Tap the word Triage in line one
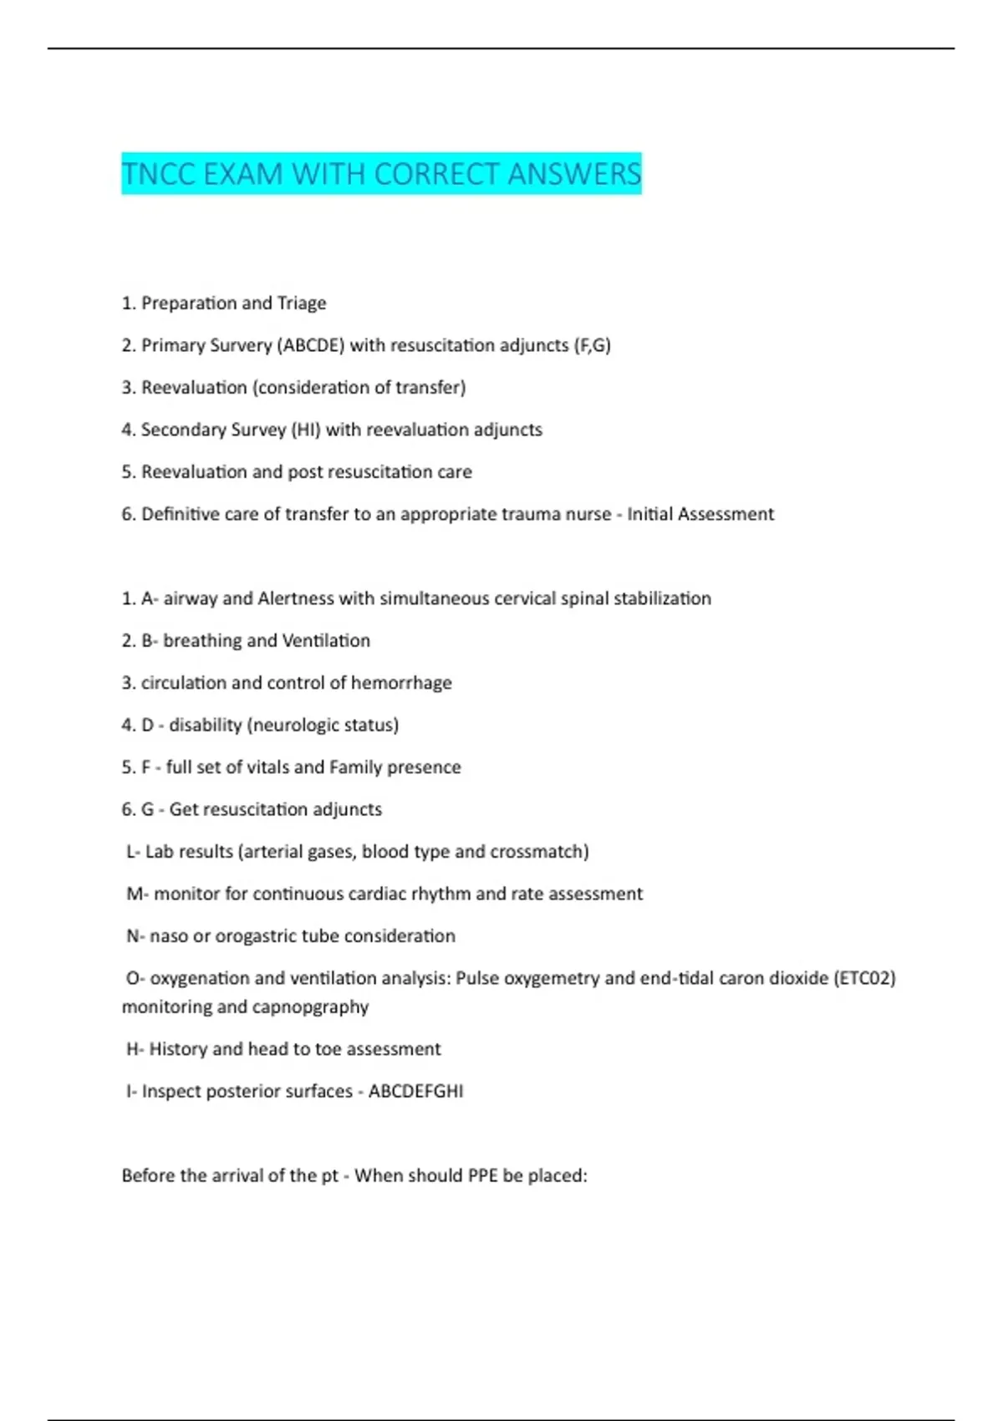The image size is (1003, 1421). [302, 303]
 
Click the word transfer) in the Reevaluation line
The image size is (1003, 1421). [430, 387]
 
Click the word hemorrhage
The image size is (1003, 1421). [401, 682]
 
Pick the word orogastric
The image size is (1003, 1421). [256, 935]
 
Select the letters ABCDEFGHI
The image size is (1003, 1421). [415, 1091]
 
